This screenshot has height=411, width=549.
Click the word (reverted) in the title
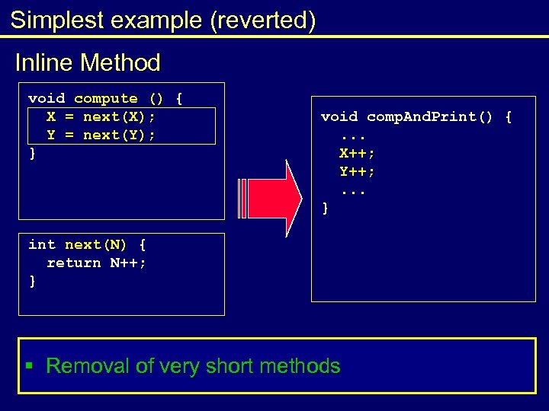pyautogui.click(x=264, y=21)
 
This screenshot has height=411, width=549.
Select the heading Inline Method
pyautogui.click(x=88, y=62)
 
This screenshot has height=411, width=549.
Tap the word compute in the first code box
pyautogui.click(x=106, y=98)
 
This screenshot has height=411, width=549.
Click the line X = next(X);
pyautogui.click(x=101, y=116)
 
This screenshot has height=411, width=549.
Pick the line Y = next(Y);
pyautogui.click(x=101, y=135)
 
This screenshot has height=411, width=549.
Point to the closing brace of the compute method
pyautogui.click(x=32, y=153)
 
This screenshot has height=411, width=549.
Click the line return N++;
pyautogui.click(x=97, y=263)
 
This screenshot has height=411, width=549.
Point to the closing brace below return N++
pyautogui.click(x=32, y=281)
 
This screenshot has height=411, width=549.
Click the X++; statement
pyautogui.click(x=357, y=153)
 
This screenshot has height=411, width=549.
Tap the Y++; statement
pyautogui.click(x=357, y=171)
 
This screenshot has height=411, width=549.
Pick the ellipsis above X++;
pyautogui.click(x=352, y=135)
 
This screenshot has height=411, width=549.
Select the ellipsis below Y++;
pyautogui.click(x=352, y=190)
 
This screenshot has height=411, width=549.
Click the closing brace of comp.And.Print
pyautogui.click(x=326, y=208)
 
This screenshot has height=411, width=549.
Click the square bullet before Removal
pyautogui.click(x=29, y=366)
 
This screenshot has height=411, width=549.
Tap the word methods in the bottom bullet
pyautogui.click(x=300, y=366)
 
